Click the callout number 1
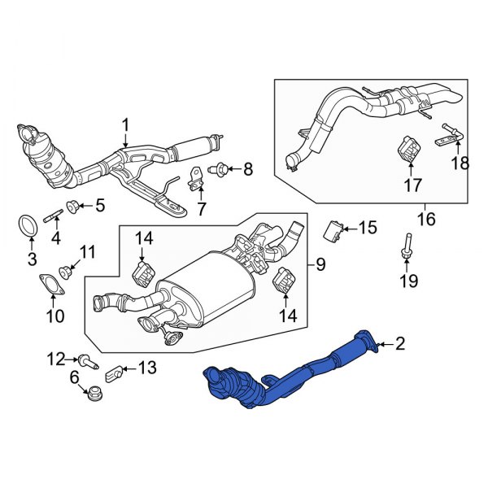tap(126, 124)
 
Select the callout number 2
tap(399, 344)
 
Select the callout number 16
tap(426, 218)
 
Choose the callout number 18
tap(460, 163)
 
